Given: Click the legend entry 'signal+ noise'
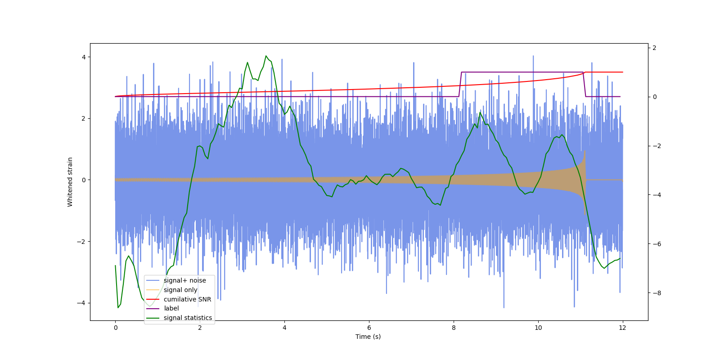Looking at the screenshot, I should point(184,280).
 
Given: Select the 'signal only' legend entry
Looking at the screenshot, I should point(180,290).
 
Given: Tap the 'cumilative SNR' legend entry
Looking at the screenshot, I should point(187,299).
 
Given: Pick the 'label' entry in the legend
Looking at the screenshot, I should point(171,308).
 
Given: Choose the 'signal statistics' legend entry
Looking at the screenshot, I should point(188,318).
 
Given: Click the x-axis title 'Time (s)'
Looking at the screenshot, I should point(368,337).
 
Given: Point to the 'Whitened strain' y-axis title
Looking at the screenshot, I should point(70,182).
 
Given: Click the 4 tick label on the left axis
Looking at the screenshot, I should point(84,57).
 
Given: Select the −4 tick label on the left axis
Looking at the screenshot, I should point(81,303).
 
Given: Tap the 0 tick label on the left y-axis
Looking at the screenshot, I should point(84,180).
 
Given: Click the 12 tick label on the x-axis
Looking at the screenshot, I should point(622,328).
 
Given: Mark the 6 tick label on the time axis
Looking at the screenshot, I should point(369,328).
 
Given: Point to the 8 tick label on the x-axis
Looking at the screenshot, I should point(454,328).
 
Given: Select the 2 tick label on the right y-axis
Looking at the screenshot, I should point(655,48).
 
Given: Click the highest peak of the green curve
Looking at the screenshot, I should point(266,56).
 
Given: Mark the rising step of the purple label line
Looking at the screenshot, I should point(460,84).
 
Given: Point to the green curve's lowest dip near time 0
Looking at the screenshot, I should point(118,307).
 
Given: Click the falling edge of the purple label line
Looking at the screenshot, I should point(585,84).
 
